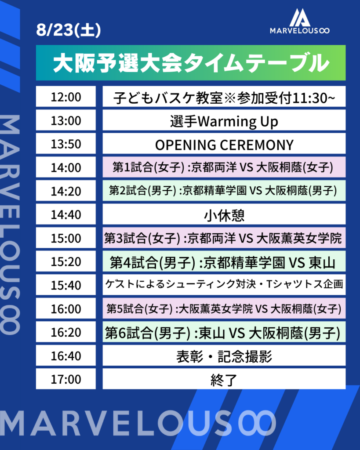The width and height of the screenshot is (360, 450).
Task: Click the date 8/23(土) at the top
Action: [x=68, y=30]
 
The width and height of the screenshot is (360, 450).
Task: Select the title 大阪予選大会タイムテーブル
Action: [x=191, y=63]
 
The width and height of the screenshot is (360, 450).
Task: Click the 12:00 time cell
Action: [x=66, y=96]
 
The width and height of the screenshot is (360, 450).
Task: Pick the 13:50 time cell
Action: [x=66, y=144]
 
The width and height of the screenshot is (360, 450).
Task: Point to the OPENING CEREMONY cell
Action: [x=224, y=144]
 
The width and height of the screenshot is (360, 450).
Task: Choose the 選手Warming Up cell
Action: [x=224, y=120]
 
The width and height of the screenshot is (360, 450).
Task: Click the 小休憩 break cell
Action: [x=224, y=214]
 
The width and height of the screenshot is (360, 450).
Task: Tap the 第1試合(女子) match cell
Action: [x=224, y=167]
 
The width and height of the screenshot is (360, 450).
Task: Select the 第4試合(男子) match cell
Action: [x=224, y=261]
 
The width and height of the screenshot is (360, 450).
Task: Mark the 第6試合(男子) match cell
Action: [x=224, y=332]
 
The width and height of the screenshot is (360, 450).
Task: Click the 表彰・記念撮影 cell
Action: [x=224, y=355]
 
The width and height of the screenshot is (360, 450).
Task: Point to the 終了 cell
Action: [x=224, y=379]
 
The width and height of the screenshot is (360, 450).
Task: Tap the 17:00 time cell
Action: [x=66, y=379]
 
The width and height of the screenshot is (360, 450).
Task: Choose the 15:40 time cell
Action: [x=66, y=285]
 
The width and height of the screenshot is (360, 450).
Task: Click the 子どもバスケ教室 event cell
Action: [x=224, y=96]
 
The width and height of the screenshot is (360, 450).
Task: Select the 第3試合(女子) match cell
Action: [x=224, y=238]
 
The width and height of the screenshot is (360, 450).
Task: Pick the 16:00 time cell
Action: [x=66, y=308]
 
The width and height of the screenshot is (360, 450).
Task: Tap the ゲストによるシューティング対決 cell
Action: [x=224, y=285]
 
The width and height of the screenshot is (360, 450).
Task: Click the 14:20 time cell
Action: [x=66, y=191]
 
